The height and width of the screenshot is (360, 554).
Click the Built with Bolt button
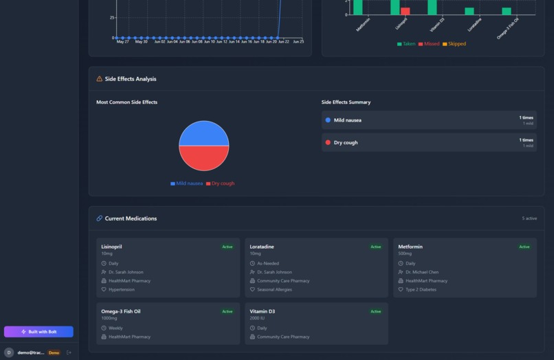point(38,332)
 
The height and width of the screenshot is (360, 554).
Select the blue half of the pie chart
point(204,133)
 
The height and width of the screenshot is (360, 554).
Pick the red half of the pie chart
point(204,158)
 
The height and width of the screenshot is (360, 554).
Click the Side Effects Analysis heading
point(131,79)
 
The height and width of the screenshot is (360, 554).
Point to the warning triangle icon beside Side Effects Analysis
point(100,79)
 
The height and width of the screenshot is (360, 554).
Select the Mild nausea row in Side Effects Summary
point(429,120)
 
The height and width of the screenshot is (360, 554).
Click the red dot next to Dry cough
point(328,142)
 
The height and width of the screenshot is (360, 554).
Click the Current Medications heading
point(131,218)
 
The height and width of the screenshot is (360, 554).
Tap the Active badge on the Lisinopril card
point(227,247)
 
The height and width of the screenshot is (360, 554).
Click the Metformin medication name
point(410,247)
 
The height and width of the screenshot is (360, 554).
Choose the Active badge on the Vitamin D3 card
point(375,311)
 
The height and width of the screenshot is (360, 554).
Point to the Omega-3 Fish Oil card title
point(121,311)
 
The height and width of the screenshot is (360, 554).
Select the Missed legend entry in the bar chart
point(429,44)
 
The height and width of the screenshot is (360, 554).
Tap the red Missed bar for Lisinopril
point(406,11)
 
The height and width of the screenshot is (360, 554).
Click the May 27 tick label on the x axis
point(122,42)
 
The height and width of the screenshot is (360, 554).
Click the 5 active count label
point(529,218)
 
